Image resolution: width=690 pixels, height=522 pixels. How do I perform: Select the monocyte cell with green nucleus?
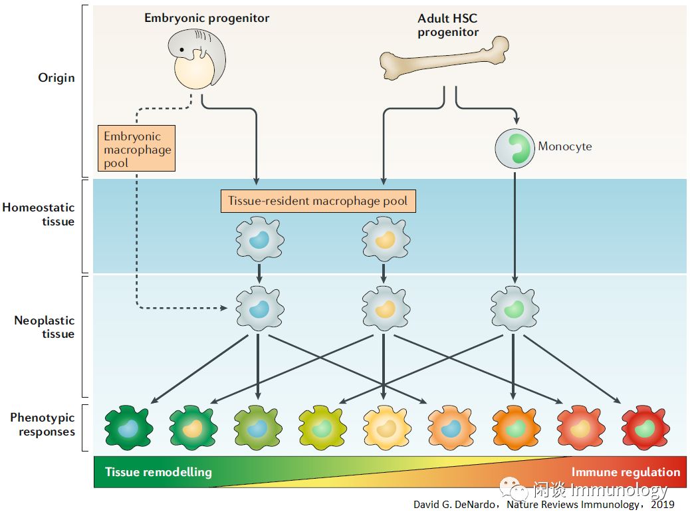(x=515, y=148)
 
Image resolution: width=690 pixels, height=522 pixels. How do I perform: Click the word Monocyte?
(x=564, y=146)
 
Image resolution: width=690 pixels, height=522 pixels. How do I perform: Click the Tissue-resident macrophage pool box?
(x=318, y=201)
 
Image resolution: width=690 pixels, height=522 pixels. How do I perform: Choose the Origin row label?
(x=57, y=78)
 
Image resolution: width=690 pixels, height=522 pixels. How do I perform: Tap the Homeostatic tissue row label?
(x=39, y=215)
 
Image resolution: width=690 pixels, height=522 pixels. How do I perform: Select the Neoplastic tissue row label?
(x=45, y=327)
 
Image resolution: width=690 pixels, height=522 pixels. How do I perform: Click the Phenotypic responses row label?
(x=43, y=425)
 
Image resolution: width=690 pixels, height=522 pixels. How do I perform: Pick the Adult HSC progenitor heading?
(x=448, y=25)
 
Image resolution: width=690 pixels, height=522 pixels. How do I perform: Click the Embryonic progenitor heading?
(x=207, y=18)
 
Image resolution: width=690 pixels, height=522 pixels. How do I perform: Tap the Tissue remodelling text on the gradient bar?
(x=158, y=472)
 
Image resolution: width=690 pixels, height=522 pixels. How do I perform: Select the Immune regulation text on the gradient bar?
(x=626, y=472)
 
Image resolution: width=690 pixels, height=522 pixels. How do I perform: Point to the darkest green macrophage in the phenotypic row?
(x=128, y=428)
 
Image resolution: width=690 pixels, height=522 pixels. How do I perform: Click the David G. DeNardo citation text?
(x=543, y=505)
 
